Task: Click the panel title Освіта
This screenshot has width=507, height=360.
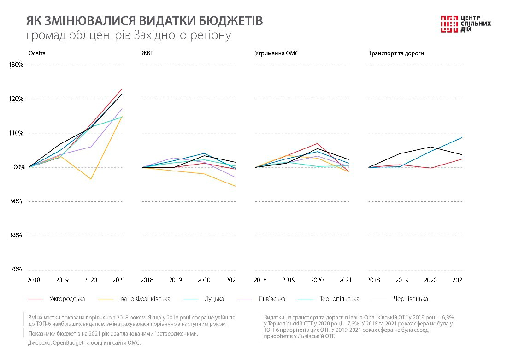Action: coord(37,53)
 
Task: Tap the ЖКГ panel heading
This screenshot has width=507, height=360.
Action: coord(147,53)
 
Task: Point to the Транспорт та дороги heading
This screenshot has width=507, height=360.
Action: coord(396,53)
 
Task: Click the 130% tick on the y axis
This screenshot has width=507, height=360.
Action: coord(16,65)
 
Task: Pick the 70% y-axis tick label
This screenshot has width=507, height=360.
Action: coord(17,270)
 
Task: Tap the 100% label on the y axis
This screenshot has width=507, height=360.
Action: coord(16,167)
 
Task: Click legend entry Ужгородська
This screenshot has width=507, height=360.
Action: coord(67,299)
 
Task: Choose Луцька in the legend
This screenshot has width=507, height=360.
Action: coord(214,299)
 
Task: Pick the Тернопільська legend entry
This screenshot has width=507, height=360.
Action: coord(340,299)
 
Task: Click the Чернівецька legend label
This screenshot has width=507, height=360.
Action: coord(411,299)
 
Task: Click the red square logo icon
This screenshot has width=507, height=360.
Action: coord(448,24)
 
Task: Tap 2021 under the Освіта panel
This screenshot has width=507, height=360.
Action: coord(119,280)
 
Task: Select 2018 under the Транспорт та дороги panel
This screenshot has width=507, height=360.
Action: coord(374,280)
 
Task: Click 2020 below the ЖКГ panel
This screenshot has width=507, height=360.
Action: coord(204,280)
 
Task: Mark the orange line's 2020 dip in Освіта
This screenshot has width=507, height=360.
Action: coord(91,179)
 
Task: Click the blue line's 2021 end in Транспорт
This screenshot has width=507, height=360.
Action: coord(462,137)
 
